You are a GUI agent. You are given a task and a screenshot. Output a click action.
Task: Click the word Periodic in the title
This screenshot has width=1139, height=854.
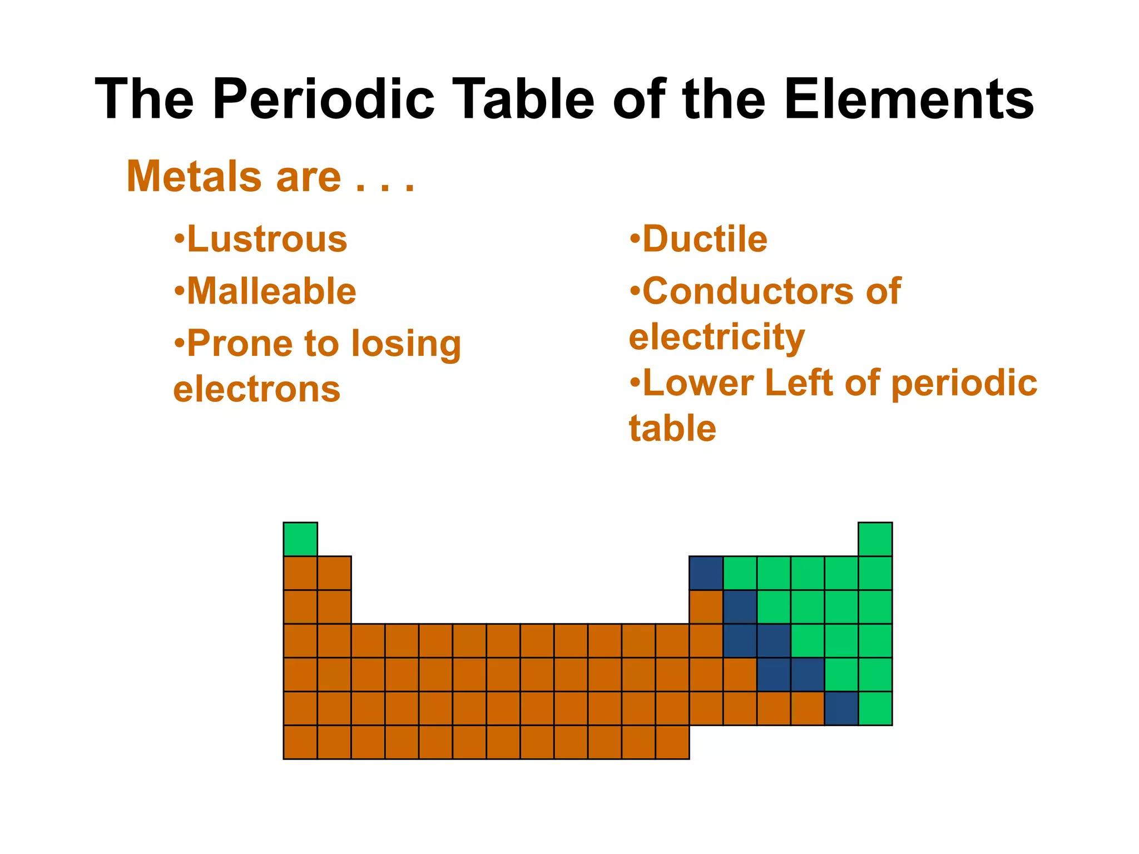pos(324,99)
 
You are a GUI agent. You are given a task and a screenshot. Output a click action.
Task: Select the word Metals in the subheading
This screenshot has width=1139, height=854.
pos(194,177)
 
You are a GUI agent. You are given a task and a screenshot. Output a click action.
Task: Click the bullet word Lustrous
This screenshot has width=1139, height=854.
pos(267,239)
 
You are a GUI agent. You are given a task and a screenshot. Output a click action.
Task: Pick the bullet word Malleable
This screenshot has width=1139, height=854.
pos(271,291)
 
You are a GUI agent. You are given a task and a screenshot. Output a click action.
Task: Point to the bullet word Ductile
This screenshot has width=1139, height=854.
pos(705,239)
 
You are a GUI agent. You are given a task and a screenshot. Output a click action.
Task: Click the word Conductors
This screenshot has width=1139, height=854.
pos(746,291)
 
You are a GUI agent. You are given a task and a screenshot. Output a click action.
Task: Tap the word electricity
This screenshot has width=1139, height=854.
pos(717,337)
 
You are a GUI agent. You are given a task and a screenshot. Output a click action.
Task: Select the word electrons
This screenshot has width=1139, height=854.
pos(257,389)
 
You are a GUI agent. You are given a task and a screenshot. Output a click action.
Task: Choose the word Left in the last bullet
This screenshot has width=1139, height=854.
pos(799,383)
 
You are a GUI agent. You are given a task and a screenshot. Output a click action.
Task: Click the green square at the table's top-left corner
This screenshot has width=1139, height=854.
pos(300,539)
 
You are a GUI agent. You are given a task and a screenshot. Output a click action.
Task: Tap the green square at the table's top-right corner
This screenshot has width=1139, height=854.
pos(875,539)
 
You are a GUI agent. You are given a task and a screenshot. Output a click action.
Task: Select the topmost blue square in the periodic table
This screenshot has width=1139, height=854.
pos(706,573)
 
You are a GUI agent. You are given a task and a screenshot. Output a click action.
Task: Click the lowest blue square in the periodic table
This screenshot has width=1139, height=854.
pos(841,708)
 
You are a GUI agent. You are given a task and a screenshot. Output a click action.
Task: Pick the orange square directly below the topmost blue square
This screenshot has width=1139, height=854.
pos(706,607)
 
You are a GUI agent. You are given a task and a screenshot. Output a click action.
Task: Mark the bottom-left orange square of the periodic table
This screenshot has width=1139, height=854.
pos(300,742)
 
